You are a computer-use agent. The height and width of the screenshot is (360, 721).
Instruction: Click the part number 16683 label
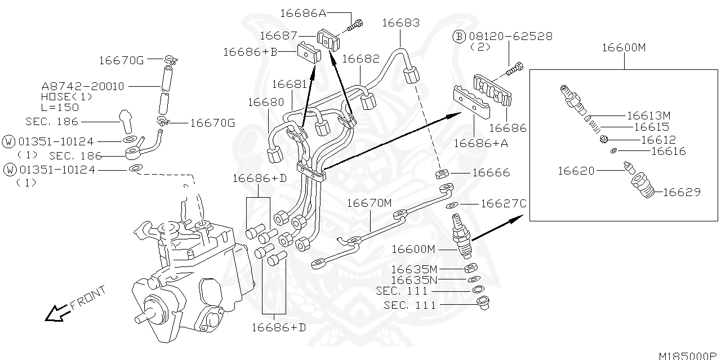click(x=400, y=23)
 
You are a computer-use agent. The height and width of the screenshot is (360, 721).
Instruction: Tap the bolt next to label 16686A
click(x=357, y=24)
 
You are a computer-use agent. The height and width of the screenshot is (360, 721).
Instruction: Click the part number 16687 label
click(x=278, y=35)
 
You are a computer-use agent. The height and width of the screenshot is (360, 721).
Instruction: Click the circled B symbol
click(x=459, y=37)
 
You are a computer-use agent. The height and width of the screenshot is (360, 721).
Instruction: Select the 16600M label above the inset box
click(x=624, y=47)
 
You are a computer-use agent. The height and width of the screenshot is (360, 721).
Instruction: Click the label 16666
click(x=491, y=172)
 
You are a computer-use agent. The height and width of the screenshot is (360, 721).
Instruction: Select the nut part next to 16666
click(x=443, y=174)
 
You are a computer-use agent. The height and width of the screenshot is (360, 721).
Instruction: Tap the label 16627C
click(x=503, y=203)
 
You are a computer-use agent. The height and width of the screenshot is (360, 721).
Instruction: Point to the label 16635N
click(x=413, y=280)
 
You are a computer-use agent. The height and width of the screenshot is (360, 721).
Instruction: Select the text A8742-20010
click(x=83, y=86)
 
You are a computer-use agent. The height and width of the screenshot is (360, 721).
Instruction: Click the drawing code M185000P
click(x=689, y=355)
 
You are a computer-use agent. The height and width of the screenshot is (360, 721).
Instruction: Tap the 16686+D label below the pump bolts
click(x=278, y=327)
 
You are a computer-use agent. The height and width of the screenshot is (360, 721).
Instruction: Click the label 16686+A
click(x=481, y=143)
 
